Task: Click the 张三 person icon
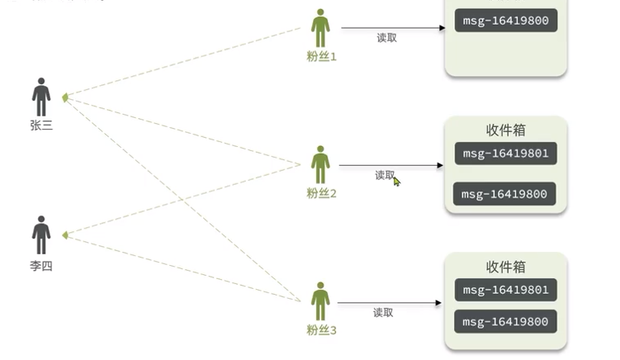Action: coord(41,97)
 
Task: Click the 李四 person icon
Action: coord(41,235)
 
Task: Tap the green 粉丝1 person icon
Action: coord(320,29)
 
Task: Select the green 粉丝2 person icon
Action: coord(320,165)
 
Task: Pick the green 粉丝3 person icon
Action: coord(320,301)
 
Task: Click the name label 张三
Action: coord(41,126)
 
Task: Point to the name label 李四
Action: coord(41,266)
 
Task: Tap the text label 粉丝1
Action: coord(321,57)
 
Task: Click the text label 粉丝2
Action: coord(321,193)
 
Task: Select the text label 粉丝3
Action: coord(321,330)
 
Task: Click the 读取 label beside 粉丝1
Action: coord(386,38)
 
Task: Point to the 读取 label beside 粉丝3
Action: coord(383,313)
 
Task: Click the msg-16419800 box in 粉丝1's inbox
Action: coord(506,21)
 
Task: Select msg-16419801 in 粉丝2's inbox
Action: coord(506,154)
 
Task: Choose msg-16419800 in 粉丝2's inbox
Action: coord(504,194)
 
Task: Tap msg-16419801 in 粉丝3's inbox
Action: coord(506,290)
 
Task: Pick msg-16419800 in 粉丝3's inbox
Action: coord(505,321)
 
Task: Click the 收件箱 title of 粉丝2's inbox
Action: coord(506,130)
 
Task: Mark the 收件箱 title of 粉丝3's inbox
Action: coord(506,268)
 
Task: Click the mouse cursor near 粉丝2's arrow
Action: coord(396,181)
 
